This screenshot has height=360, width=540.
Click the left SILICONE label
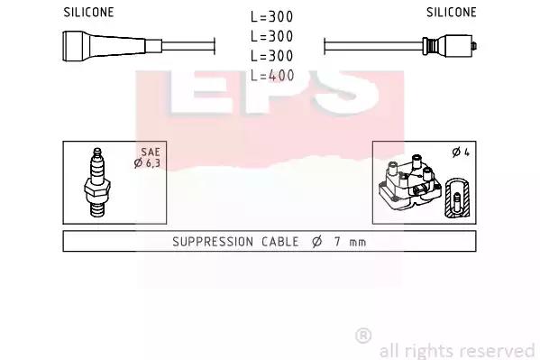coord(88,12)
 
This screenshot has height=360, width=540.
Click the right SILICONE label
coord(451,12)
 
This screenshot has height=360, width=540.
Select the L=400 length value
coord(272,75)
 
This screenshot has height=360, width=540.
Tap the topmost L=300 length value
coord(271,16)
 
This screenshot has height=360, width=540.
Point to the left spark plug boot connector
coord(112,46)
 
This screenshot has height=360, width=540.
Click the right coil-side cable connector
coord(450,46)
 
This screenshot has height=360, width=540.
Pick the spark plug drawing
coord(97,182)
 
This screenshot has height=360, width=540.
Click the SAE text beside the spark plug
coord(151,152)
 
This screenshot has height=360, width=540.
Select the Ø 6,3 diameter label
coord(147,163)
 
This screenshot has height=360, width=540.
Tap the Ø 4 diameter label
coord(461,152)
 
